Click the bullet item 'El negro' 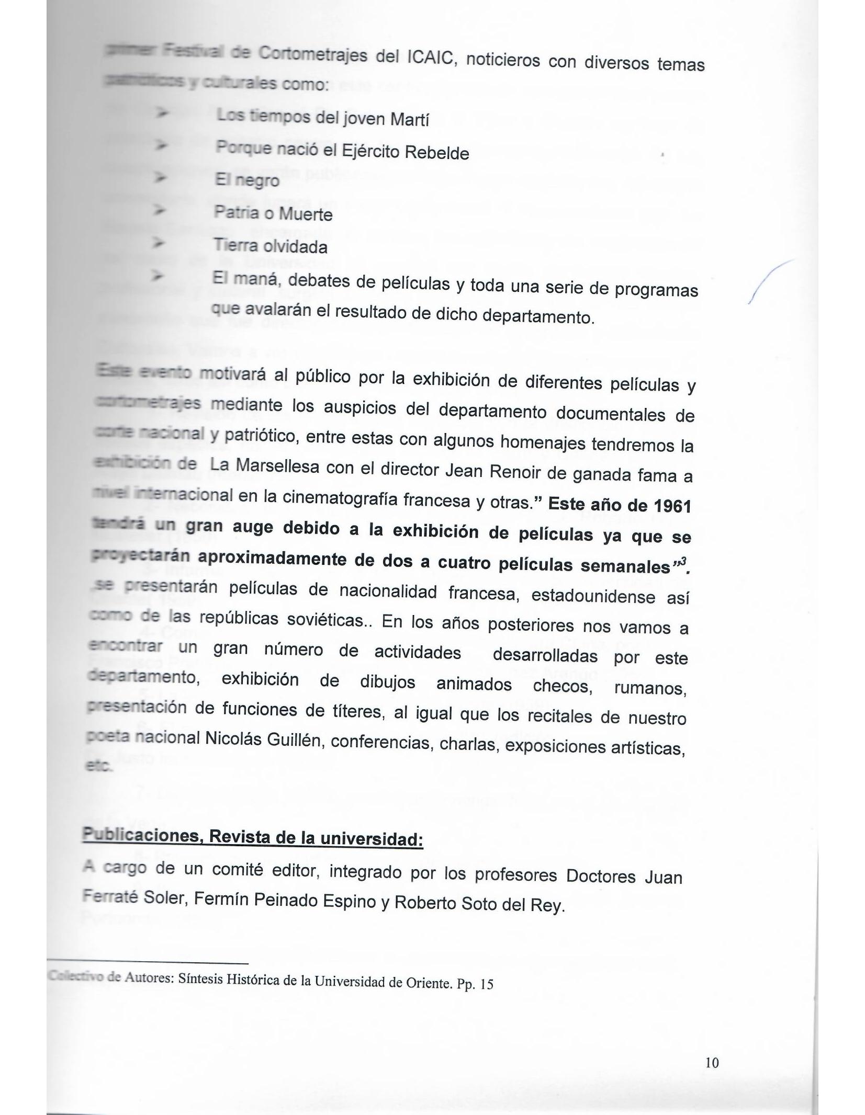[247, 180]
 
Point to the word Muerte [306, 214]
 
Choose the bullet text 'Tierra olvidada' [270, 247]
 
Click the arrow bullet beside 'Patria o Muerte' [159, 211]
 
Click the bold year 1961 [672, 506]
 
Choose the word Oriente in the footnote [428, 983]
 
